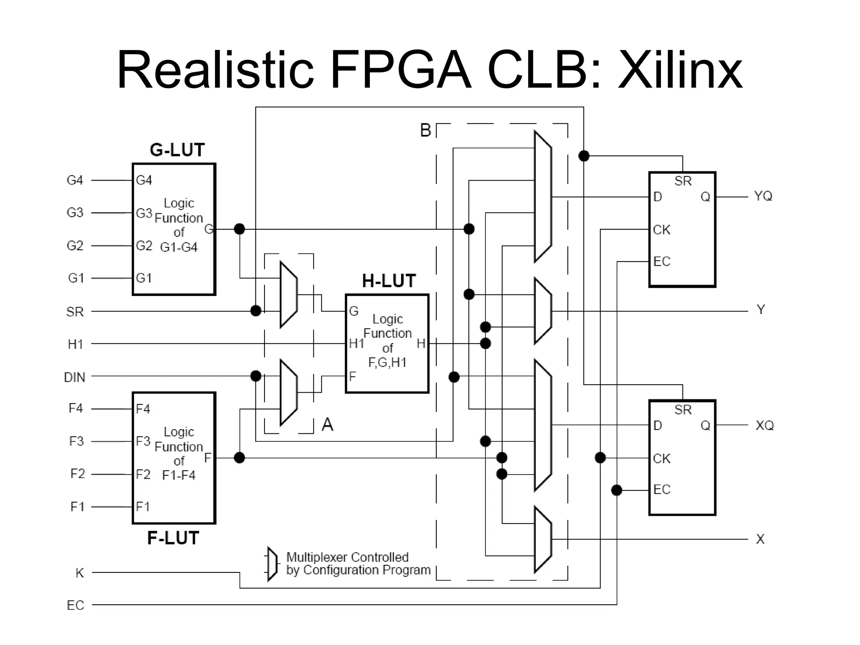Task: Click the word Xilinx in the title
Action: [680, 71]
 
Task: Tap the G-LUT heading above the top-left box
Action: [177, 150]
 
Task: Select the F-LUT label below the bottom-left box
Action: [173, 538]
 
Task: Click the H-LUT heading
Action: [389, 281]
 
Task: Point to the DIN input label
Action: [75, 377]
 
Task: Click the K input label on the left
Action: [79, 573]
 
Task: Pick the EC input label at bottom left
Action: [76, 605]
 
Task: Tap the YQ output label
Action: [763, 196]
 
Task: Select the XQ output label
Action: [764, 425]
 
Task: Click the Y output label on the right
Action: [760, 310]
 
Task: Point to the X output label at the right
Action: [760, 539]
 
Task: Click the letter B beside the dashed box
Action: [425, 130]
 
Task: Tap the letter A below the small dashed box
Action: [327, 425]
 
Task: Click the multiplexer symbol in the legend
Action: [273, 564]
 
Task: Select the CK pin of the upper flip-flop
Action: [661, 230]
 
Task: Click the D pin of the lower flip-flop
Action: [658, 425]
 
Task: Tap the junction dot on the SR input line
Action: [256, 311]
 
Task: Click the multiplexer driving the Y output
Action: [543, 311]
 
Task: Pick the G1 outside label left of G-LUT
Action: [76, 278]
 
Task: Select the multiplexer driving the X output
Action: [543, 539]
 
